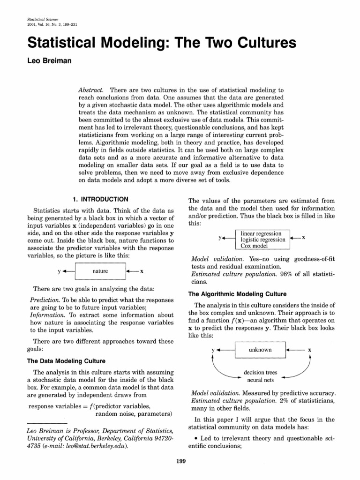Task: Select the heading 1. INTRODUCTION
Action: coord(96,199)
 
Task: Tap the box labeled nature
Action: coord(100,271)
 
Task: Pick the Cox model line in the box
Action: coord(254,246)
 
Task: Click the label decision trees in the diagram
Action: coord(260,373)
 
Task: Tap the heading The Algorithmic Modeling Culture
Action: coord(237,294)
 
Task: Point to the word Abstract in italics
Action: coord(90,89)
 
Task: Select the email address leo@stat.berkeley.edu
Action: coord(97,447)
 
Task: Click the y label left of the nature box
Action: coord(59,271)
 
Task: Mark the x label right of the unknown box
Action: coord(309,350)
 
